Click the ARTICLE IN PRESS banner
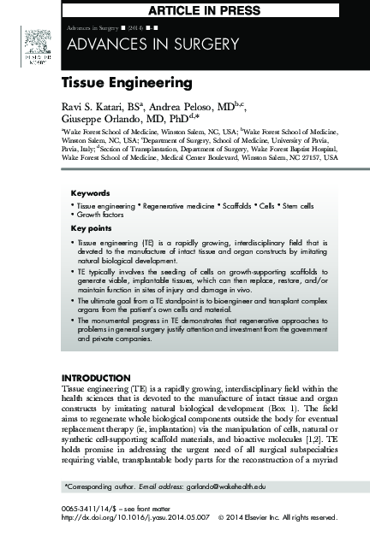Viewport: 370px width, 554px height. (x=211, y=9)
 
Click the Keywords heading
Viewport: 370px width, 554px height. (x=90, y=193)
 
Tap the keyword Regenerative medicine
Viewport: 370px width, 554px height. (x=171, y=206)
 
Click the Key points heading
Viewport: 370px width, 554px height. (x=91, y=228)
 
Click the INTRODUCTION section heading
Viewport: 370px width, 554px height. (x=94, y=377)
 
